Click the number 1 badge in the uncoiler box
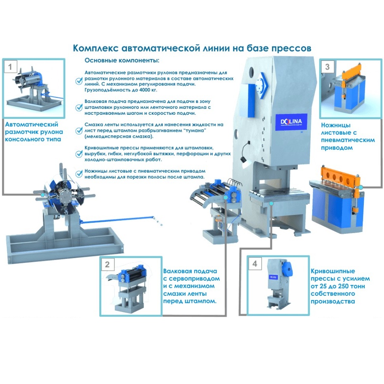coord(10,67)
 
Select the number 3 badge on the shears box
coord(327,67)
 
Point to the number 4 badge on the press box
coord(255,264)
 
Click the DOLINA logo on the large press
coord(291,122)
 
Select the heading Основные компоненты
coord(122,60)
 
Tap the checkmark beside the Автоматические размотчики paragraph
coord(79,81)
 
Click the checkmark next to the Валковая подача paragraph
coord(79,107)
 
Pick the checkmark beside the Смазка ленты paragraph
coord(79,131)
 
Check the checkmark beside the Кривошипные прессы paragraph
coord(79,154)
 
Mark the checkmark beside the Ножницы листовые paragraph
coord(79,174)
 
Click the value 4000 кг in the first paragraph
coord(148,90)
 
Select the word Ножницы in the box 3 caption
coord(336,125)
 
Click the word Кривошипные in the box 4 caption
coord(333,271)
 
